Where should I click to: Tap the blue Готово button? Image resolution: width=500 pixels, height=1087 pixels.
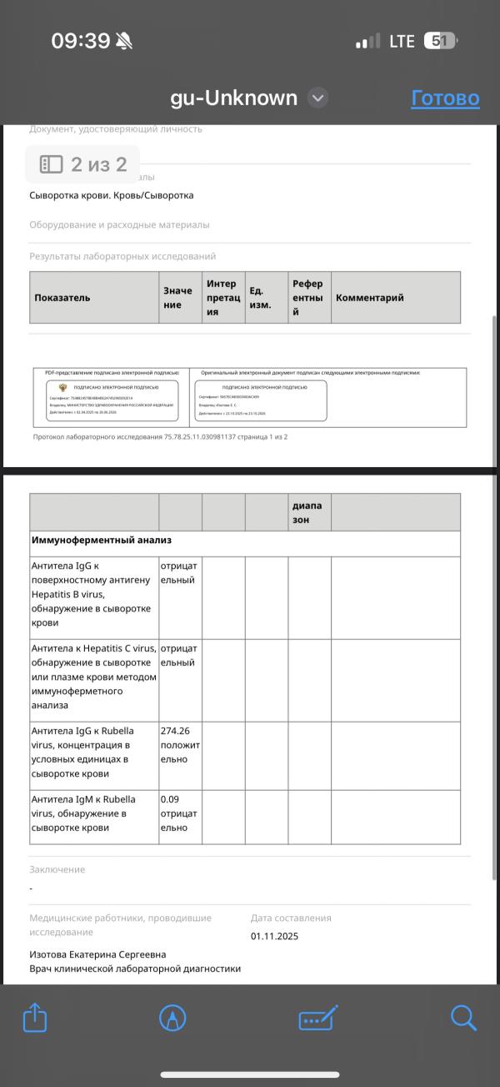(x=445, y=98)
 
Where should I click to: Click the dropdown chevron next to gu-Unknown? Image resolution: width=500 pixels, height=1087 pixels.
(x=317, y=98)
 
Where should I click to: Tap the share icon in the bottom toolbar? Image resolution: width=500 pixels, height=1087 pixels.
(x=35, y=1018)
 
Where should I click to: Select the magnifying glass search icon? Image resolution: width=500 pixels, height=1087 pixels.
(x=463, y=1018)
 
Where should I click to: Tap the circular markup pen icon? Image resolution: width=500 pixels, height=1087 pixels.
(x=172, y=1018)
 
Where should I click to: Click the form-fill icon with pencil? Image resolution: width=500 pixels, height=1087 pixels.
(x=317, y=1018)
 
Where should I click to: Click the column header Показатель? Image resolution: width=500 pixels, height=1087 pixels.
(x=62, y=298)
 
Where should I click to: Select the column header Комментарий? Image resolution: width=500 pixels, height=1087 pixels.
(x=369, y=298)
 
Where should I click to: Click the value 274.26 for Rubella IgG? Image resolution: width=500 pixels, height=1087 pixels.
(x=175, y=731)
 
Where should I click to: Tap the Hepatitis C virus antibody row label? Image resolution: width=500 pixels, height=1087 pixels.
(x=93, y=677)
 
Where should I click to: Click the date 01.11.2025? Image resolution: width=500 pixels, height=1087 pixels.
(x=274, y=936)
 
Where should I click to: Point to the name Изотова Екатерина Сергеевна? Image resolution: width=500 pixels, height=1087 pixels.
(x=97, y=954)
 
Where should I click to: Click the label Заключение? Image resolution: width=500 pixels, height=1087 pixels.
(x=57, y=869)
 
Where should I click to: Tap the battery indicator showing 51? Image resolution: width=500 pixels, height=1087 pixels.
(x=440, y=41)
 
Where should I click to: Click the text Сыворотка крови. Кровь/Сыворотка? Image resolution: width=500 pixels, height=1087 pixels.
(x=111, y=195)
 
